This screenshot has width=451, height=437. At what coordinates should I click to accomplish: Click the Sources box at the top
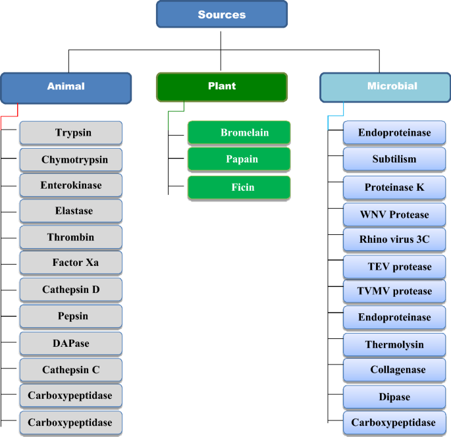(221, 14)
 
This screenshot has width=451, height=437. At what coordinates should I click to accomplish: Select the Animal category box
(66, 86)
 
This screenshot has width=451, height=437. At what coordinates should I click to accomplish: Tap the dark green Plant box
(221, 86)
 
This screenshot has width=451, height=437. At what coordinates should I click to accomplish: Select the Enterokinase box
(71, 185)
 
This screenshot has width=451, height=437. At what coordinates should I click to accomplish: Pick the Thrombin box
(71, 237)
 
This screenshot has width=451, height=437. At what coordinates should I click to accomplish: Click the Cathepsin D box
(71, 290)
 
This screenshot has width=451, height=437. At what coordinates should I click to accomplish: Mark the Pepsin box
(71, 316)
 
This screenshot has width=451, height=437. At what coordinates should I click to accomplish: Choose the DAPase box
(71, 344)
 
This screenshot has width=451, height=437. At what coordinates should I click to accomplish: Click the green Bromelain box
(239, 133)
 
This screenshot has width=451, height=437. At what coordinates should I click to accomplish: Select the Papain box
(239, 159)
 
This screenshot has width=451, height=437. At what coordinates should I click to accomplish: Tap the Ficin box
(239, 188)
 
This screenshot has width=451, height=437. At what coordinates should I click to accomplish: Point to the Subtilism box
(394, 159)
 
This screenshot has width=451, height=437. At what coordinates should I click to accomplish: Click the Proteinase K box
(394, 188)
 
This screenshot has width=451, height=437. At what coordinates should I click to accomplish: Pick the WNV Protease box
(394, 215)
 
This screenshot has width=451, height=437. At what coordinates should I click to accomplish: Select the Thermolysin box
(394, 344)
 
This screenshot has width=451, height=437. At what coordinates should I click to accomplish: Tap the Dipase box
(394, 397)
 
